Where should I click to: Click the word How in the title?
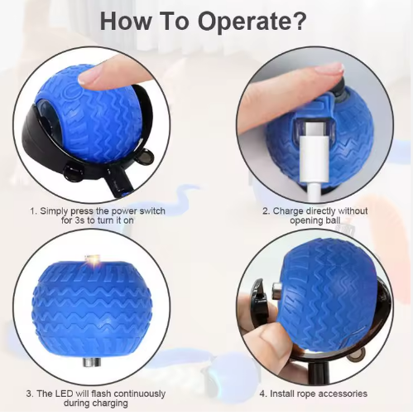pos(126,21)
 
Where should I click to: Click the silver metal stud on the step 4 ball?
pos(276,291)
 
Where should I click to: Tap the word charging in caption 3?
pos(109,403)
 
